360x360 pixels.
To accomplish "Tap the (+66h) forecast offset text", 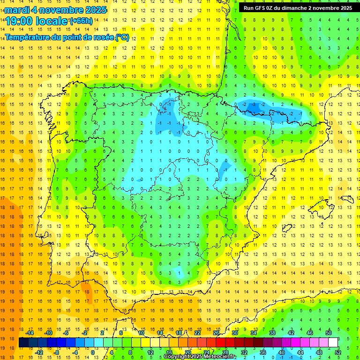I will coord(81,21).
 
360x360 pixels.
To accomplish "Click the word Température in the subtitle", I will coord(26,37).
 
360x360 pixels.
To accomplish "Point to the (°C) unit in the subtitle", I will coord(122,37).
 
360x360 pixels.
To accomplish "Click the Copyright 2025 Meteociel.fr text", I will coord(200,357).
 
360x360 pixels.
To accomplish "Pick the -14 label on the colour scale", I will coord(30,333).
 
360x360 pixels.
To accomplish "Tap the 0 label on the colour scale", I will coord(93,352).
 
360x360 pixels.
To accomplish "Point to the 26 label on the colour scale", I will coord(216,333).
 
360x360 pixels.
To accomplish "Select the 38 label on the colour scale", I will coord(272,333).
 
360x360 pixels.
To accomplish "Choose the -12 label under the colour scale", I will coord(39,352).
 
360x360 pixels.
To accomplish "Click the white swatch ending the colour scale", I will coord(333,343).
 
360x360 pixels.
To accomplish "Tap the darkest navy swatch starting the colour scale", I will coord(23,343).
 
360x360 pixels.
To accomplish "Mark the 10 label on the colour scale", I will coord(141,333).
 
